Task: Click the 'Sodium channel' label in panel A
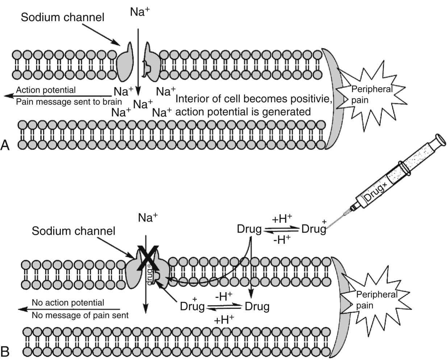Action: click(62, 17)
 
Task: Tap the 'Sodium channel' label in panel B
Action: click(74, 231)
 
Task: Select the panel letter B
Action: click(5, 351)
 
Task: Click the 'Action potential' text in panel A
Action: click(46, 90)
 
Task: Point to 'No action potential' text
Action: click(68, 302)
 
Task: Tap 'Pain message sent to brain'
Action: click(69, 102)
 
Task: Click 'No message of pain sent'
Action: click(80, 315)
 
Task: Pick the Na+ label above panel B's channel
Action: click(148, 218)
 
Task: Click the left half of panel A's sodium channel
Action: click(126, 62)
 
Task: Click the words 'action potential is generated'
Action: click(243, 112)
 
